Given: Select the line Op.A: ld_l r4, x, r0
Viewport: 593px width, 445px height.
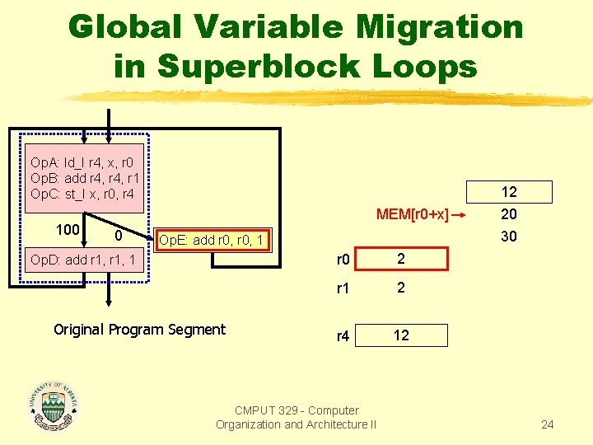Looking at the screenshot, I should coord(82,162).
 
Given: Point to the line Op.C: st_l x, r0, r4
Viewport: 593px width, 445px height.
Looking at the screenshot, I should coord(81,194).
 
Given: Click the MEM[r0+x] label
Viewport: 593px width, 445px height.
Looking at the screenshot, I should coord(412,215).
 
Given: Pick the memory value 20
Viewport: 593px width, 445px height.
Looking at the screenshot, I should coord(509,214).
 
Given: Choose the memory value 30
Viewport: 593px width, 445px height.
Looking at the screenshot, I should coord(509,236).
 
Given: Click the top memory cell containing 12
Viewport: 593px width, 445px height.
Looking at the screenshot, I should coord(509,192).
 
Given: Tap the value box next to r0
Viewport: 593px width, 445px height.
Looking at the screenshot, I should coord(400,259).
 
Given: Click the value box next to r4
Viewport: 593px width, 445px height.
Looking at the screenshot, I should coord(400,335).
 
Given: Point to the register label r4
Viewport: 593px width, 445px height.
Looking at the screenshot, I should coord(342,336).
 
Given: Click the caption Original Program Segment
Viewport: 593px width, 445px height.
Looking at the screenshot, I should coord(139,330).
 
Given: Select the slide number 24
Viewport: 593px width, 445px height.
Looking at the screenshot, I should coord(548,425).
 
